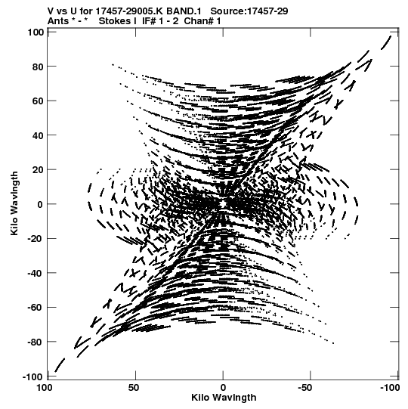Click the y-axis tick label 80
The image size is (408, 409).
(37, 67)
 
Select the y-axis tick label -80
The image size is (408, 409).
(35, 342)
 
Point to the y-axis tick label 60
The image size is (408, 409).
(37, 101)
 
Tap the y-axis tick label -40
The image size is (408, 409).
(35, 274)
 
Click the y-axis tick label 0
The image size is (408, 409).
(40, 204)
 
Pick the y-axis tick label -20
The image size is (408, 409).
(35, 239)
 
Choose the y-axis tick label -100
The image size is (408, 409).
(32, 377)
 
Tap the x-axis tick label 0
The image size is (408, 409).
(223, 388)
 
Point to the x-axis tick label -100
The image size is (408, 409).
(390, 388)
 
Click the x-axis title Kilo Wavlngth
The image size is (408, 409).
(224, 398)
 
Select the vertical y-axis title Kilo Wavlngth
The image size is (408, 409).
(14, 203)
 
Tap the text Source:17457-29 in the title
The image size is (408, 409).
(249, 11)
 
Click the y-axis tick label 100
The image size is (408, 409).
(35, 33)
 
